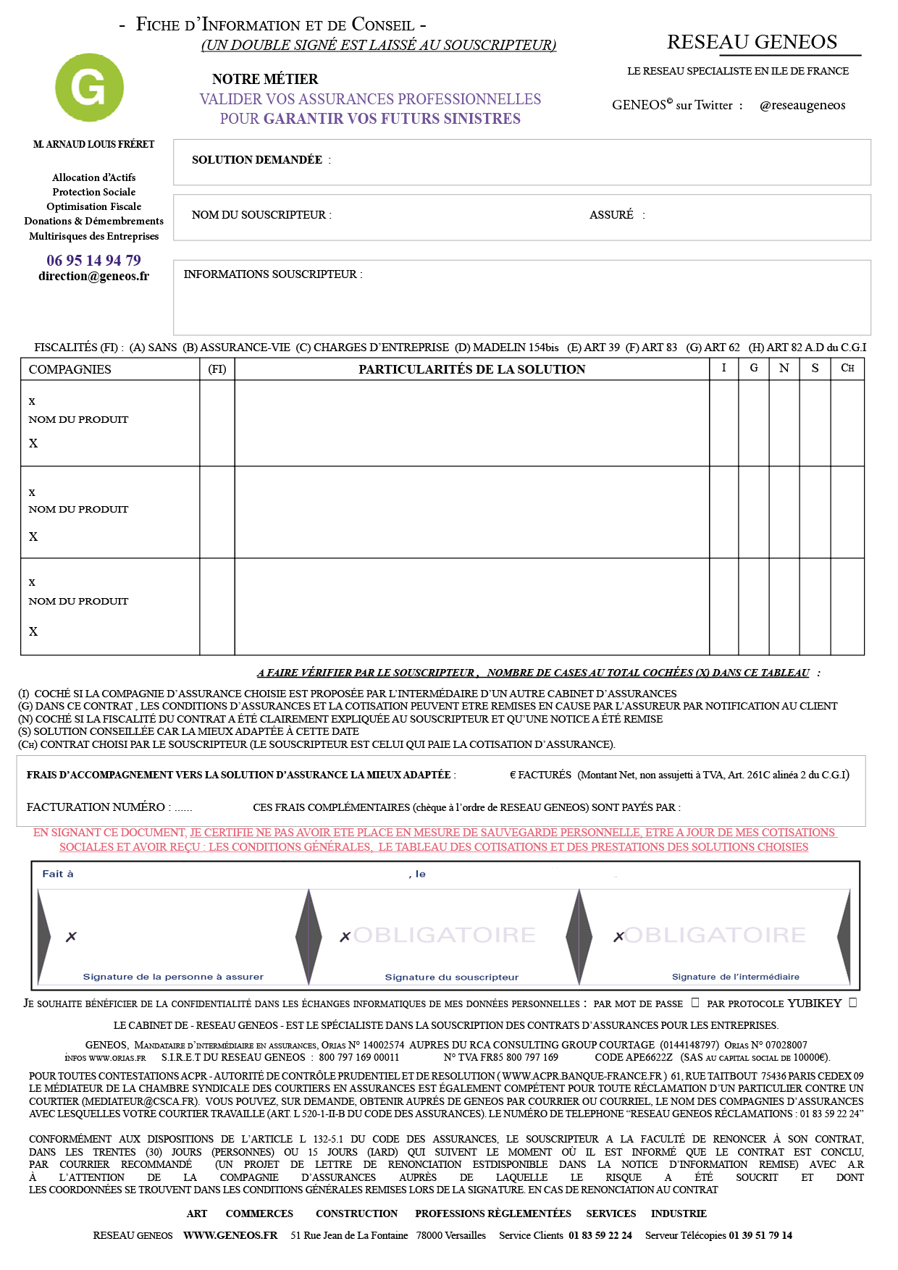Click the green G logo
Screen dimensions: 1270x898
point(89,88)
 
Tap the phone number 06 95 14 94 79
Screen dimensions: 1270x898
point(93,261)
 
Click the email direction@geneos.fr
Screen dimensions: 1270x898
point(93,276)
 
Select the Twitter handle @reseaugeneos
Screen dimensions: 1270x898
point(802,105)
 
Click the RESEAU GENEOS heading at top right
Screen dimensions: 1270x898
point(752,42)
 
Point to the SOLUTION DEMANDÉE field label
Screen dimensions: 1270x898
point(257,160)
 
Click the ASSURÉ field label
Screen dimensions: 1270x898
point(611,215)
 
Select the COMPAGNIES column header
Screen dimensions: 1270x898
point(70,369)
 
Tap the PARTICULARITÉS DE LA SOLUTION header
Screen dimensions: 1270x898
point(471,369)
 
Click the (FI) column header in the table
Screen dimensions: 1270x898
point(217,369)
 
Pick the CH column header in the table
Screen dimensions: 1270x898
point(847,369)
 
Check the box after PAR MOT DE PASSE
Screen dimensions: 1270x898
point(695,1003)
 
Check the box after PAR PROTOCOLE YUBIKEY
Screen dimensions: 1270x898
point(852,1003)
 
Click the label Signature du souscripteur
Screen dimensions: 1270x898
point(451,977)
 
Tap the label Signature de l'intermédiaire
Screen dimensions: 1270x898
point(735,977)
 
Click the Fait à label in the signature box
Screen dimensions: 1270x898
point(58,874)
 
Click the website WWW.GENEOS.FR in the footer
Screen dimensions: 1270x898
point(230,1235)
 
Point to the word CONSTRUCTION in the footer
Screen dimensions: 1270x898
point(356,1214)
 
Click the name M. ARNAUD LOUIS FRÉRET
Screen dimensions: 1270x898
point(93,145)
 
